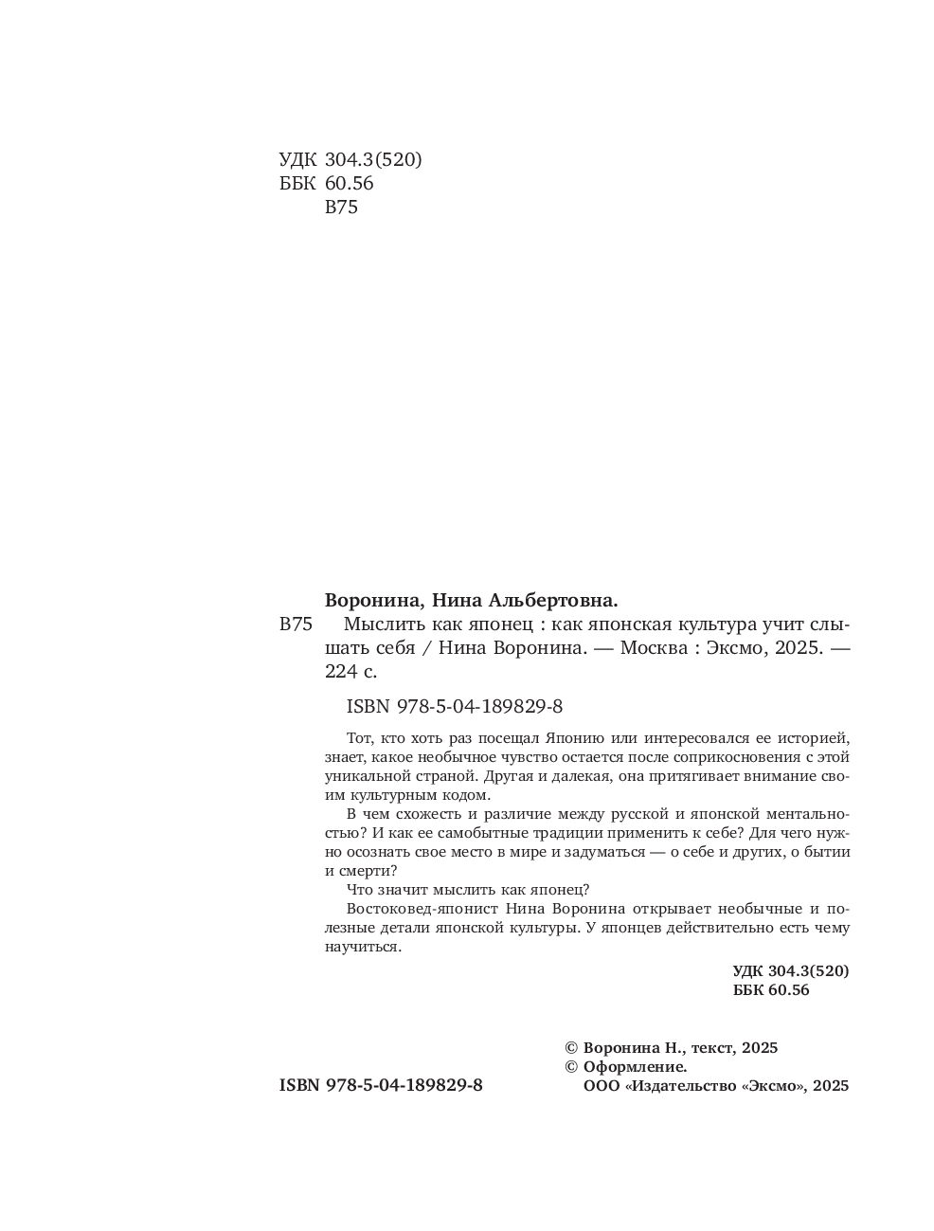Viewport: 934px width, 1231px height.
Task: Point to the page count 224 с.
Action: (350, 672)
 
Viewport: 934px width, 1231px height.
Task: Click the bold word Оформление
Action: (636, 1066)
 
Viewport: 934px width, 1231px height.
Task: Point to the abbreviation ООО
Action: (603, 1086)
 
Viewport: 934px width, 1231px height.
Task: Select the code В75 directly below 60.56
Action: (341, 208)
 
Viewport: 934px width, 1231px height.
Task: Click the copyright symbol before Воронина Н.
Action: (571, 1047)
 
